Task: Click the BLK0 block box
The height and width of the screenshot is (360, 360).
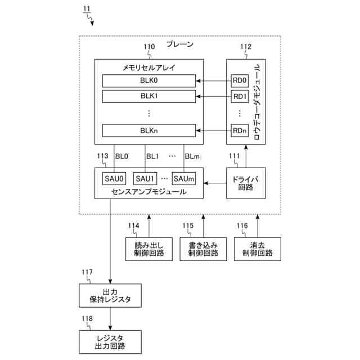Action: click(x=149, y=80)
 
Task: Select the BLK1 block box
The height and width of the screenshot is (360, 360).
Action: click(x=149, y=96)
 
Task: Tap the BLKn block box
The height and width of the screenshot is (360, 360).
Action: click(x=149, y=130)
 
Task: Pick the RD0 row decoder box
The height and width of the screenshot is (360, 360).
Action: click(x=240, y=80)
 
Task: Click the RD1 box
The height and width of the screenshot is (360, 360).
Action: click(x=240, y=96)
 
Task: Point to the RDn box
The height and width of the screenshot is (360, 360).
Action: click(x=240, y=130)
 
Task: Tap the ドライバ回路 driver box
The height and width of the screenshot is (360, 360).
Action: click(x=245, y=183)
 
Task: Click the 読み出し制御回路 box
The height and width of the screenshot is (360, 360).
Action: click(x=149, y=249)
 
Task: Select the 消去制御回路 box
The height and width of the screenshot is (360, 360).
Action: click(x=257, y=249)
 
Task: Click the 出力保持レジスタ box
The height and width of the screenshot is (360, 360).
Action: click(x=110, y=296)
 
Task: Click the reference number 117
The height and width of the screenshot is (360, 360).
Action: click(x=87, y=273)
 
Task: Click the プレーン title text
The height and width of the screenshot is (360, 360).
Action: click(x=179, y=44)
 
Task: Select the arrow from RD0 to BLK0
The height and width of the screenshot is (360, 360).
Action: click(x=214, y=80)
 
